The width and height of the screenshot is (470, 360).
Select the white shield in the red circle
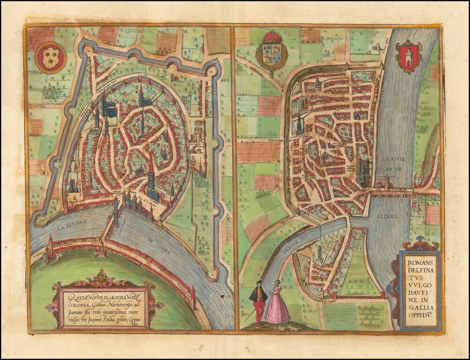pyautogui.click(x=50, y=58)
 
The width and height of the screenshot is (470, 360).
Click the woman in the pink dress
pyautogui.click(x=277, y=304)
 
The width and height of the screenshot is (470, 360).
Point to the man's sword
pyautogui.click(x=250, y=315)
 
